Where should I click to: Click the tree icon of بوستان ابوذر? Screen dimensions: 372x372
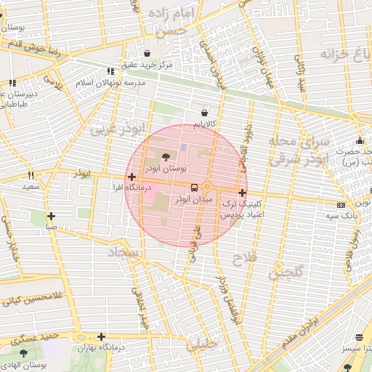(x=166, y=156)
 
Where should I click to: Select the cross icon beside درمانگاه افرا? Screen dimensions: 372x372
(x=131, y=177)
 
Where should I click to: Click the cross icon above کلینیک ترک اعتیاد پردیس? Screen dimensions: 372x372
(x=242, y=193)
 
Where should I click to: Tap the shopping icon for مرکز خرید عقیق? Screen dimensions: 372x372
(x=148, y=53)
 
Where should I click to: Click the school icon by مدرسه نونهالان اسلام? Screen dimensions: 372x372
(x=110, y=72)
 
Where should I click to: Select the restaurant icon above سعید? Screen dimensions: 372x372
(x=31, y=175)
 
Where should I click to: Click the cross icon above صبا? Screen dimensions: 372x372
(x=51, y=216)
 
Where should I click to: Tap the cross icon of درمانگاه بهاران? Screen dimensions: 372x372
(x=101, y=336)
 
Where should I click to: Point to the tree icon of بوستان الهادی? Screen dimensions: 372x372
(x=24, y=352)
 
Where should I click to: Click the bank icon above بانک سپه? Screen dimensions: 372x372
(x=341, y=205)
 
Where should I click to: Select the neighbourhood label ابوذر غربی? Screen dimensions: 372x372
(x=116, y=130)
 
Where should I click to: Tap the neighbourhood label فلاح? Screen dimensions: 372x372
(x=242, y=257)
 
